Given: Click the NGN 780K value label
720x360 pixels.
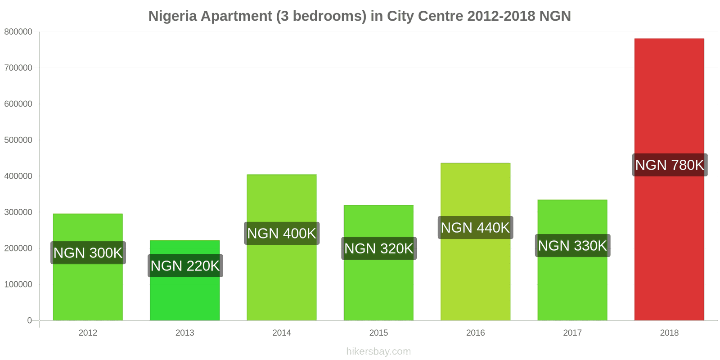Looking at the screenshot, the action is [669, 165].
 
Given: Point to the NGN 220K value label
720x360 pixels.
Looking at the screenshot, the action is [184, 266].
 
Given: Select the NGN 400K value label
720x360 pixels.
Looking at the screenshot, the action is [282, 234].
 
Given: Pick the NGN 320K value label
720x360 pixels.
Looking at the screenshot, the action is [378, 248].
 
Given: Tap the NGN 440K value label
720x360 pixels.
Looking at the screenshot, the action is [475, 228].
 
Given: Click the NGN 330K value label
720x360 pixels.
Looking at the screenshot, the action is [572, 246].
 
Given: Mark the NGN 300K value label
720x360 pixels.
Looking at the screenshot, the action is [88, 253].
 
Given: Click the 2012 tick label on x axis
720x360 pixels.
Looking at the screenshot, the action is [88, 333].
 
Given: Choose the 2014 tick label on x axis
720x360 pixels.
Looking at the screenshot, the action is [282, 333].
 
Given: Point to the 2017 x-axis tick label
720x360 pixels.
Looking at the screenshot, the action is [572, 333].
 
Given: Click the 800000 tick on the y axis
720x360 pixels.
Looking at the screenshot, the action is [18, 32].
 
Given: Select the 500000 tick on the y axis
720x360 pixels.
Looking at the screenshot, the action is [18, 140].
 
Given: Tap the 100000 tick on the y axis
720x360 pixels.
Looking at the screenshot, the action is [18, 284].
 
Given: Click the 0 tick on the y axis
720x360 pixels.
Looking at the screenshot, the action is [30, 320].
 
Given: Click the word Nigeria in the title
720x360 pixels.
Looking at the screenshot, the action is [172, 16].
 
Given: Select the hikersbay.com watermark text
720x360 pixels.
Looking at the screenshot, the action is [378, 351].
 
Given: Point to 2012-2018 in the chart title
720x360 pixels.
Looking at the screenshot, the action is [501, 16].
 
